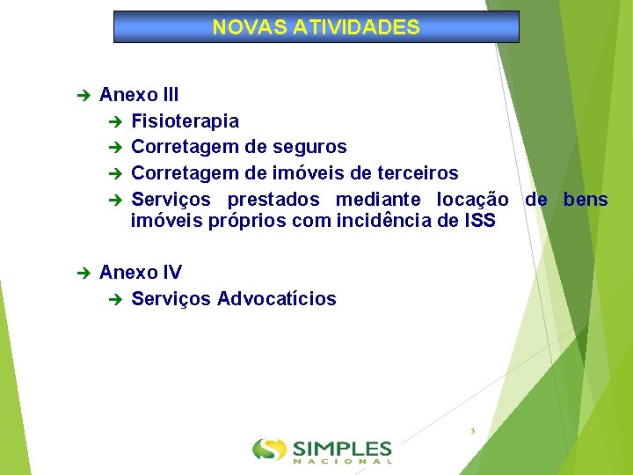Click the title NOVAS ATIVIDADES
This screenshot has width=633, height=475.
tap(316, 27)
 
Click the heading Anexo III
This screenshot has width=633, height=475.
tap(140, 95)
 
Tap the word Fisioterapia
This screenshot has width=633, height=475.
tap(185, 121)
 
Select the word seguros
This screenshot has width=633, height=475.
tap(314, 147)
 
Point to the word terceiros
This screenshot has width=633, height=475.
tap(416, 172)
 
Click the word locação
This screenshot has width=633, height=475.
tap(472, 200)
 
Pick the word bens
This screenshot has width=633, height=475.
tap(586, 200)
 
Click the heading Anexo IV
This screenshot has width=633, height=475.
tap(141, 273)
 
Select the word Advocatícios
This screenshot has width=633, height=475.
tap(276, 299)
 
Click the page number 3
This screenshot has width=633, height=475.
tap(473, 431)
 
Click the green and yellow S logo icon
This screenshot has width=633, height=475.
tap(269, 449)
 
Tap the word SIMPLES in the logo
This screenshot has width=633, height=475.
tap(342, 447)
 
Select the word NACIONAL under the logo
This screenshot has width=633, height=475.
tap(342, 461)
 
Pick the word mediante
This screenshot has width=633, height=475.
tap(378, 200)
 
